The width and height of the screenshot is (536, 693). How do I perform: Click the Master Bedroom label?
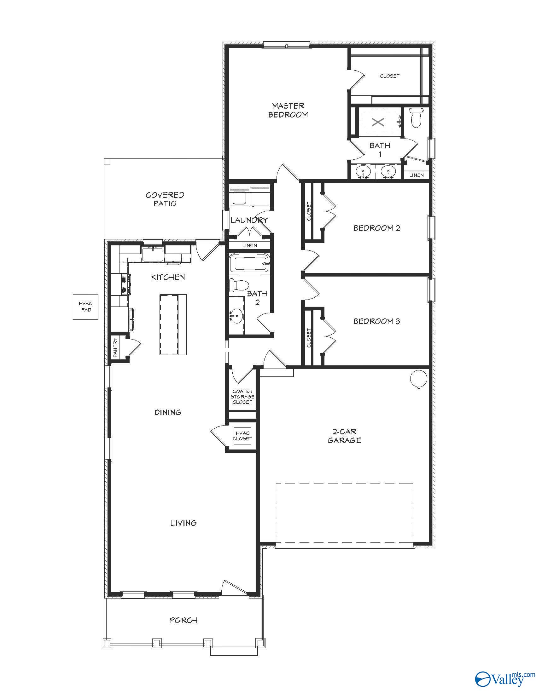click(288, 110)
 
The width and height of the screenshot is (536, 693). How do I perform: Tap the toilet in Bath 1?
click(416, 117)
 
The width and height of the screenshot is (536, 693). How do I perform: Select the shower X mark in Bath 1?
click(378, 122)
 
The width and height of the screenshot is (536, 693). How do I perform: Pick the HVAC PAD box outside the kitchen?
click(85, 306)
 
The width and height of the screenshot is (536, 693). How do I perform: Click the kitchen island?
click(173, 324)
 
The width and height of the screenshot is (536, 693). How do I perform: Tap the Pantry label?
click(115, 348)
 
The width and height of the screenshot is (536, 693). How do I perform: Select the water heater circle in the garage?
click(418, 378)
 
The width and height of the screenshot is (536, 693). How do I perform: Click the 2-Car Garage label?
click(344, 436)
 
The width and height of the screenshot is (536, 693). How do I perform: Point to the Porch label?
click(184, 620)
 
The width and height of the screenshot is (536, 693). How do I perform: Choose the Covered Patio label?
click(165, 199)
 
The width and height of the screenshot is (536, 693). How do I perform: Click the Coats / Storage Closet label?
click(242, 397)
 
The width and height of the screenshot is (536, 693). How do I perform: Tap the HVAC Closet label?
click(242, 436)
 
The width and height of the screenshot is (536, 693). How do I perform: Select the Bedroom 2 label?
click(376, 228)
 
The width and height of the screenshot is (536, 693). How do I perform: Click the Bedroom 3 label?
click(376, 321)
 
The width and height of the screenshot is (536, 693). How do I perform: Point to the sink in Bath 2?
click(236, 316)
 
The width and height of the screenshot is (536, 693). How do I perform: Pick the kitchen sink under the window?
click(153, 254)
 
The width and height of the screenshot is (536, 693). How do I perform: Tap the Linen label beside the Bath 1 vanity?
click(416, 175)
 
